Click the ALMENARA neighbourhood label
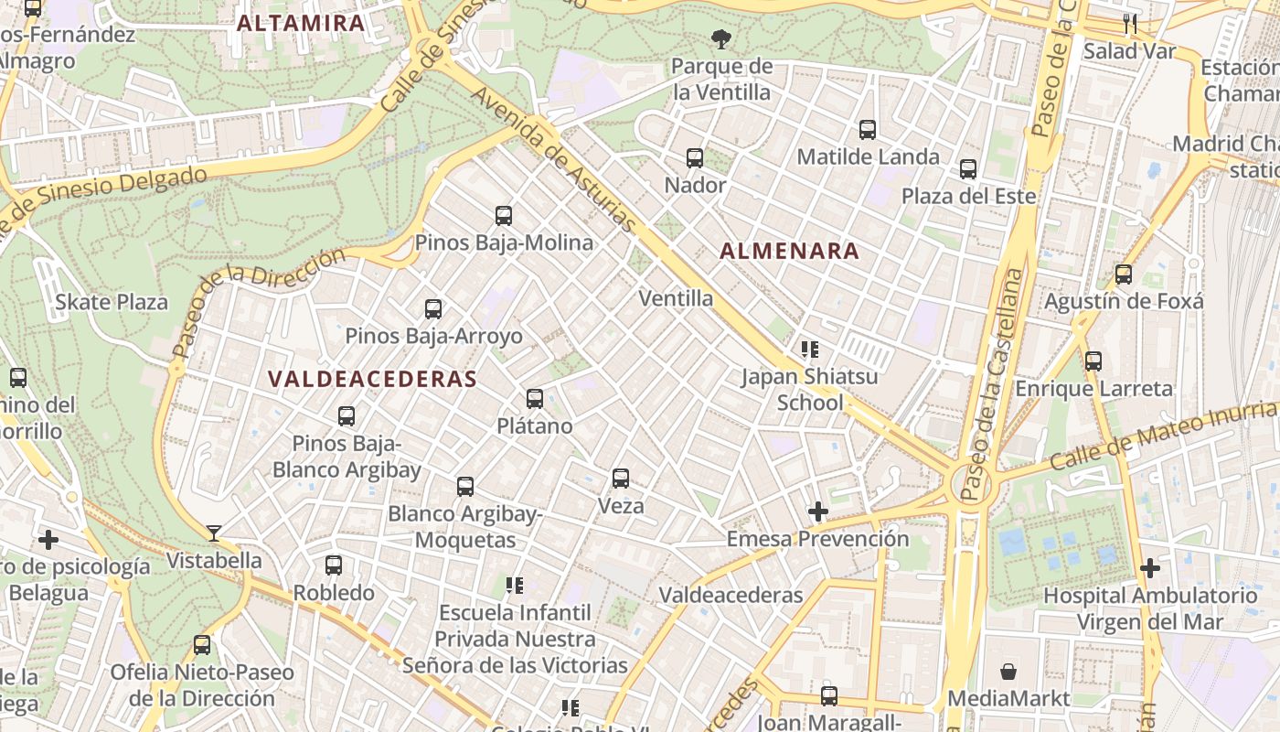[x=789, y=251]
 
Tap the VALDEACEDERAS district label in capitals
[x=372, y=379]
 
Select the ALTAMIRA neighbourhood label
[x=301, y=23]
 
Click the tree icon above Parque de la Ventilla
[x=721, y=39]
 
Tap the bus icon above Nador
[x=695, y=158]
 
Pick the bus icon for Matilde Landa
[x=868, y=130]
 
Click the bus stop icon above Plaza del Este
[x=968, y=169]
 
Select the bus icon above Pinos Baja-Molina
[x=504, y=216]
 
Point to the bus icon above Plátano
[x=535, y=399]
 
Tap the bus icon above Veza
[x=621, y=479]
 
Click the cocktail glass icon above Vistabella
[x=214, y=533]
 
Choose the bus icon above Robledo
[x=334, y=565]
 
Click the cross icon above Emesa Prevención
[x=818, y=511]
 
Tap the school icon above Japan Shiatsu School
[x=809, y=349]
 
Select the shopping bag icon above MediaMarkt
[x=1008, y=672]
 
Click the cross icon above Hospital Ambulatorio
[x=1150, y=569]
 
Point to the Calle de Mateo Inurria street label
[x=1163, y=435]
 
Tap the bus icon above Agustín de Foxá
[x=1124, y=274]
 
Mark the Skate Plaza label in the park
[x=112, y=302]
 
